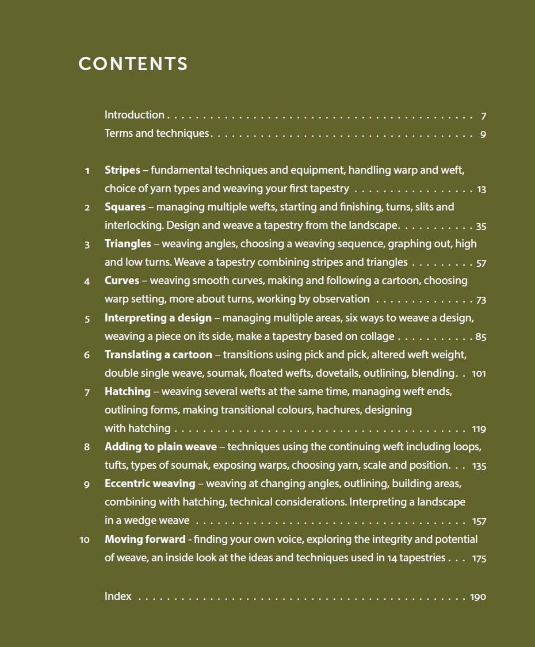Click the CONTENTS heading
[133, 64]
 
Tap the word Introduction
[134, 115]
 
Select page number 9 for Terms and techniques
[483, 135]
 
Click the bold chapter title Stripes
[122, 170]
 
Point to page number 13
[482, 189]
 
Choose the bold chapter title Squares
[125, 207]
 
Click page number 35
[481, 226]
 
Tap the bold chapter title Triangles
[128, 244]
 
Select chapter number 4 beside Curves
[87, 282]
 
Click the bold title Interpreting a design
[158, 317]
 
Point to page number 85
[481, 337]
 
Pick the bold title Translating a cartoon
[158, 354]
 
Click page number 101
[479, 374]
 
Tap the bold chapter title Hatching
[127, 392]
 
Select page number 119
[479, 429]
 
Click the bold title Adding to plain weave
[160, 447]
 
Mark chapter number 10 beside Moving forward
[85, 540]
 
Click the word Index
[118, 596]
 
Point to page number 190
[478, 597]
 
